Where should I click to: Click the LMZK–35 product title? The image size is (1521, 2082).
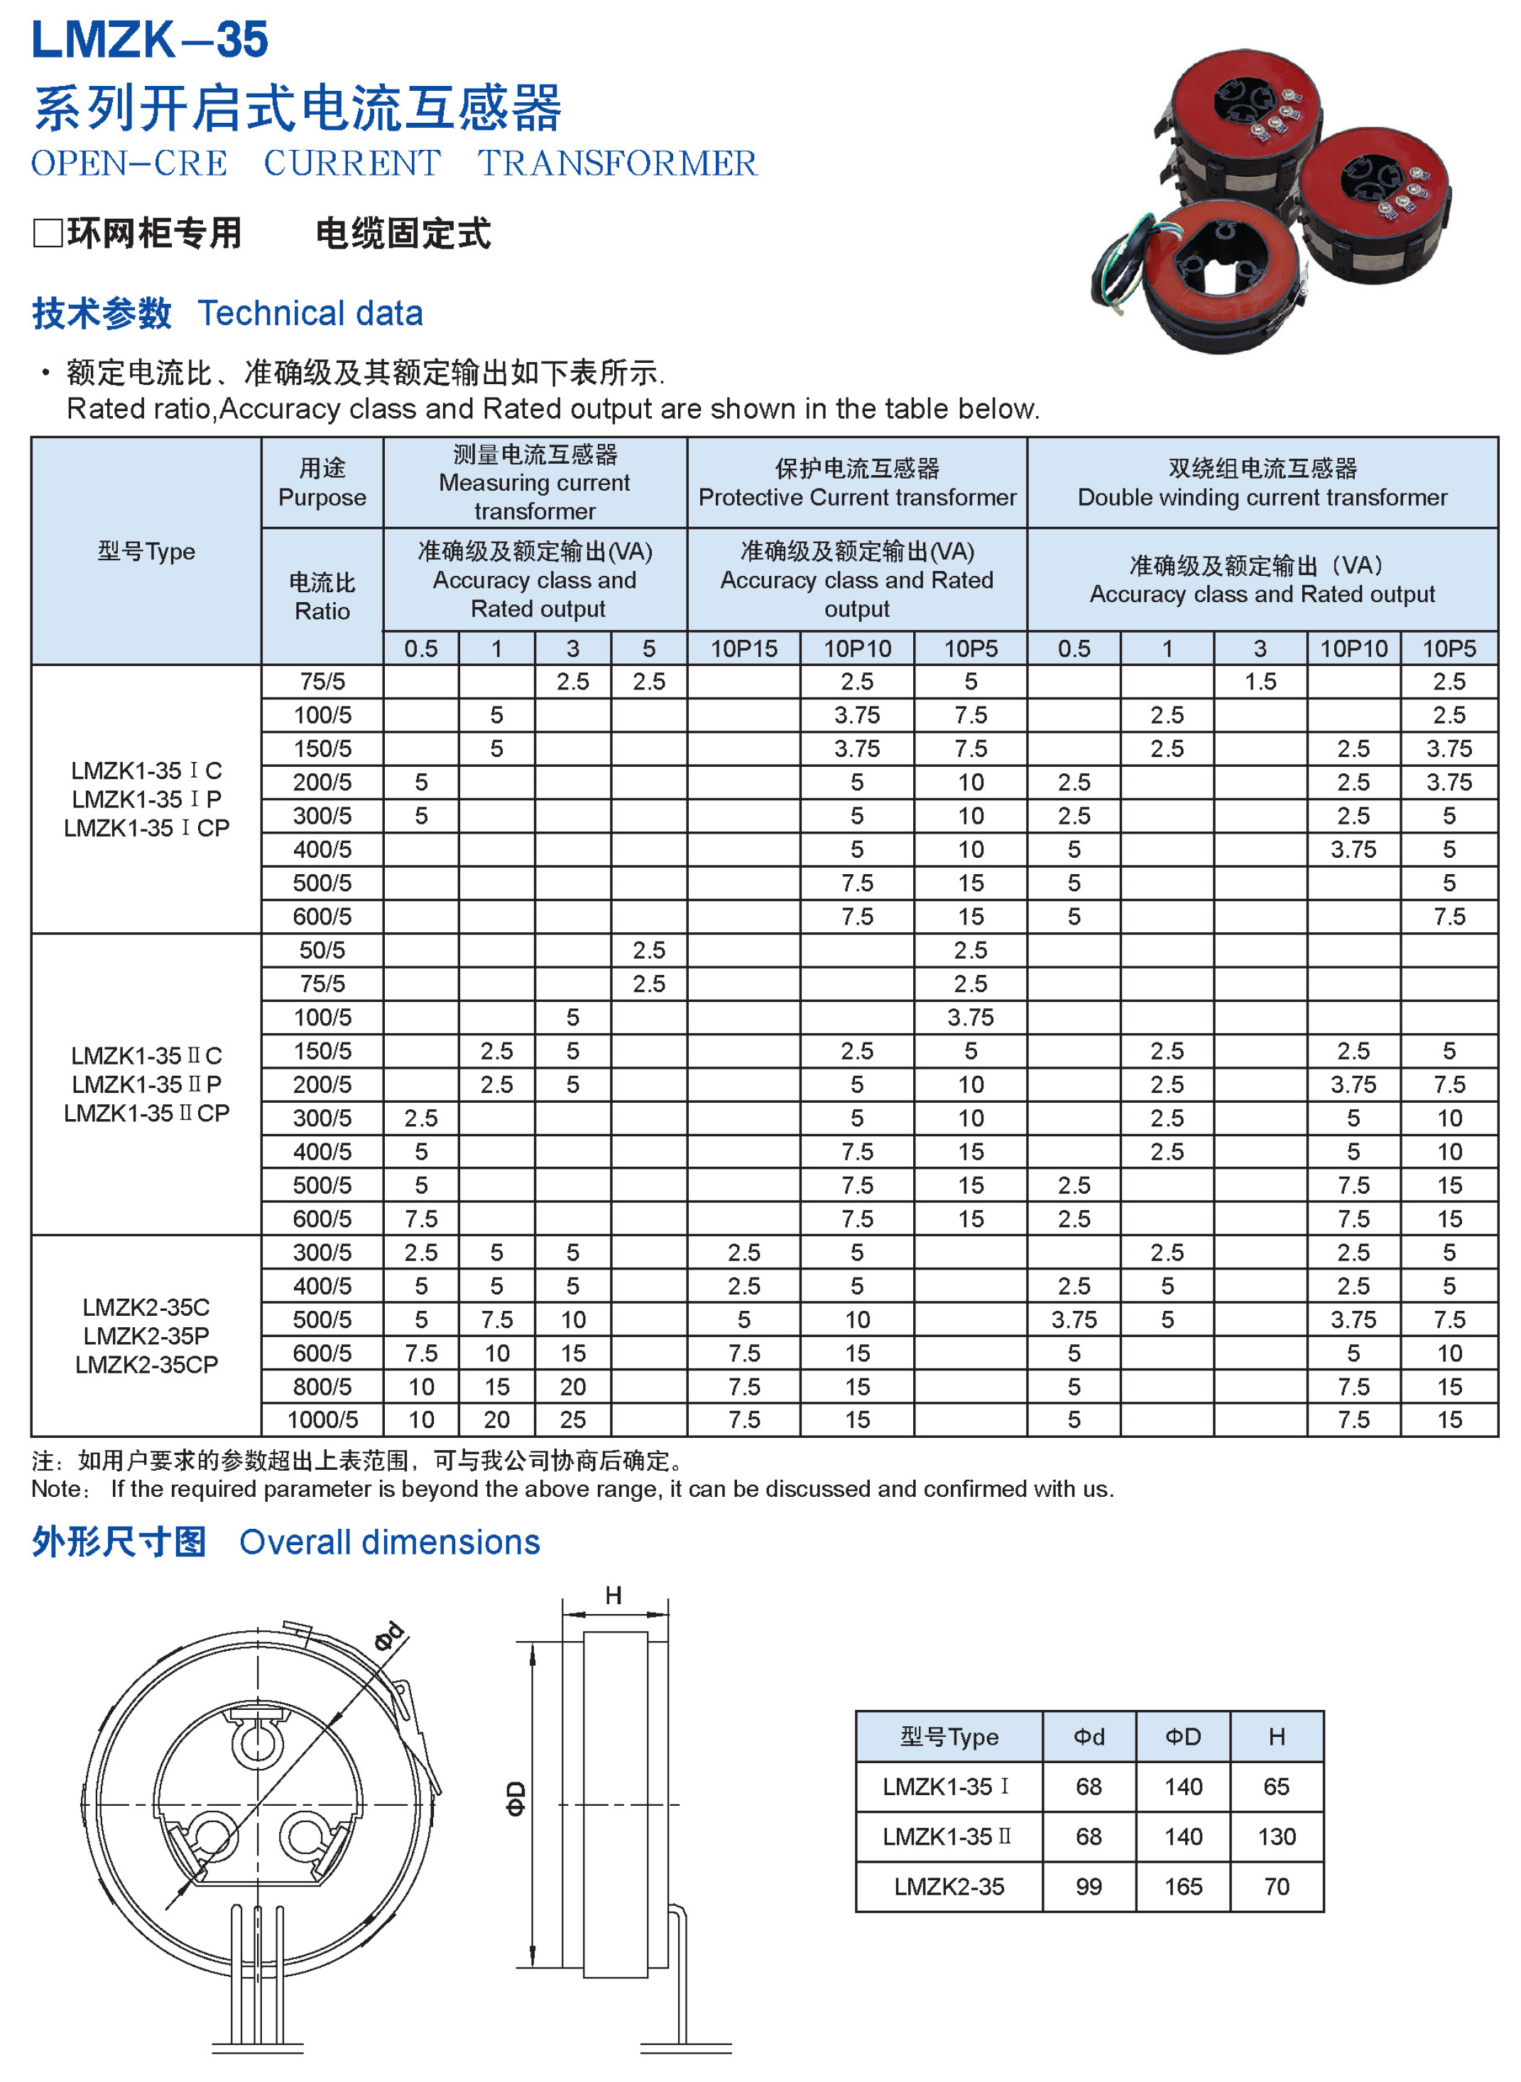(x=149, y=40)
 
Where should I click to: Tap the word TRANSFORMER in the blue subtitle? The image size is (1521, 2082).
(x=617, y=164)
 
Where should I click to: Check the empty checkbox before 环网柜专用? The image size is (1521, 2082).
(x=47, y=233)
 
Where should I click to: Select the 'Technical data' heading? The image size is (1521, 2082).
(x=310, y=313)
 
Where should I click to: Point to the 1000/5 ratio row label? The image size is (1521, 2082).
(x=322, y=1420)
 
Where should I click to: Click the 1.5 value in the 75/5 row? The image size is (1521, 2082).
(x=1260, y=682)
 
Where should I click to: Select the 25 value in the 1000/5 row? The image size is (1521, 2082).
(x=572, y=1420)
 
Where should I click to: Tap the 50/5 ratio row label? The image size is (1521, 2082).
(x=322, y=950)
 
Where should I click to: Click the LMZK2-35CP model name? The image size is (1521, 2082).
(x=146, y=1365)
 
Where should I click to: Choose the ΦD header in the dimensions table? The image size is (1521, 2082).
(x=1182, y=1737)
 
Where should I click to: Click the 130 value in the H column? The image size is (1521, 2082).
(x=1276, y=1837)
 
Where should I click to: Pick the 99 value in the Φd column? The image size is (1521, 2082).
(x=1089, y=1887)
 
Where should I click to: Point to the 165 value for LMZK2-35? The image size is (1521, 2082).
(x=1182, y=1887)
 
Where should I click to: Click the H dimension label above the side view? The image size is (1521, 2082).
(x=614, y=1596)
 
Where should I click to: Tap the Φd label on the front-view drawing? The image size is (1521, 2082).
(x=388, y=1636)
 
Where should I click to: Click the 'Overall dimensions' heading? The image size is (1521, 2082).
(x=389, y=1542)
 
